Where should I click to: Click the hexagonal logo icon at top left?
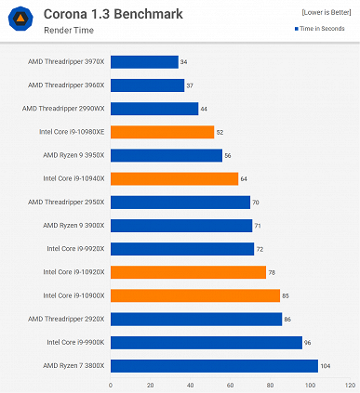[20, 20]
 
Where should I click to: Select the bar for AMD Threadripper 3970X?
[144, 62]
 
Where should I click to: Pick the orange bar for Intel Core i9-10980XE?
[162, 132]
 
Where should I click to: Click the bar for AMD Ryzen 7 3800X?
[214, 366]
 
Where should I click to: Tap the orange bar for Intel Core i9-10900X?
[195, 295]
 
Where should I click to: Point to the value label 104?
[326, 366]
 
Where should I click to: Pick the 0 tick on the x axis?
[111, 385]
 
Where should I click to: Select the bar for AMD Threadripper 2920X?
[196, 319]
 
